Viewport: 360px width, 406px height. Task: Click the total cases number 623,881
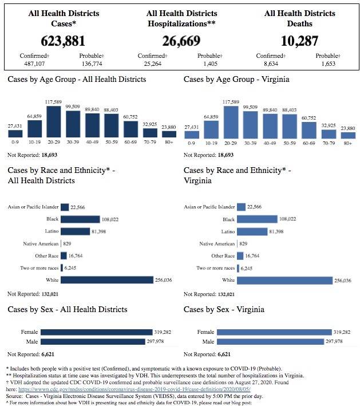tap(63, 41)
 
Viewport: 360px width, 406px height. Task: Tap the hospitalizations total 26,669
tap(181, 41)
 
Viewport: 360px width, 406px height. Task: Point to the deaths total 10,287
tap(299, 41)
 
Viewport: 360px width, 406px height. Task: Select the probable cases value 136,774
tap(92, 64)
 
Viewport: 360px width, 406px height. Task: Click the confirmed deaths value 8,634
tap(271, 64)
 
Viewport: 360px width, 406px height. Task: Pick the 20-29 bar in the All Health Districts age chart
tap(54, 122)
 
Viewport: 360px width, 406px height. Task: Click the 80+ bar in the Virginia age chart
tap(348, 135)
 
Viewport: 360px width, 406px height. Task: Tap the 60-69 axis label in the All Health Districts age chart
tap(130, 142)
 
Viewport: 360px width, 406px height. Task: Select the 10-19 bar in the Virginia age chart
tap(211, 130)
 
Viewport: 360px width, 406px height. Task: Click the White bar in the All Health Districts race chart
tap(107, 280)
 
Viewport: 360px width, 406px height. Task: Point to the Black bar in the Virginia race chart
tap(257, 219)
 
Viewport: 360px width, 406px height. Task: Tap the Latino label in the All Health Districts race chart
tap(52, 231)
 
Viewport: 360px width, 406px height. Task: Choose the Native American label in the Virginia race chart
tap(217, 243)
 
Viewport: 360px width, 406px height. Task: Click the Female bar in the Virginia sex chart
tap(274, 332)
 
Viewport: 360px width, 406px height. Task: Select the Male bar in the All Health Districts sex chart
tap(93, 341)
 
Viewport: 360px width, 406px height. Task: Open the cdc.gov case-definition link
tap(134, 389)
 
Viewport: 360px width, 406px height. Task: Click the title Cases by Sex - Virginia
tap(224, 309)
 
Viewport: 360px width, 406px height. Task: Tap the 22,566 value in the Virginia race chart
tap(254, 207)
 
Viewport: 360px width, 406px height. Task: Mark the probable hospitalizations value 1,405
tap(210, 64)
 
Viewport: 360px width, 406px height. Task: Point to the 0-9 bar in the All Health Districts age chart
tap(15, 133)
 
